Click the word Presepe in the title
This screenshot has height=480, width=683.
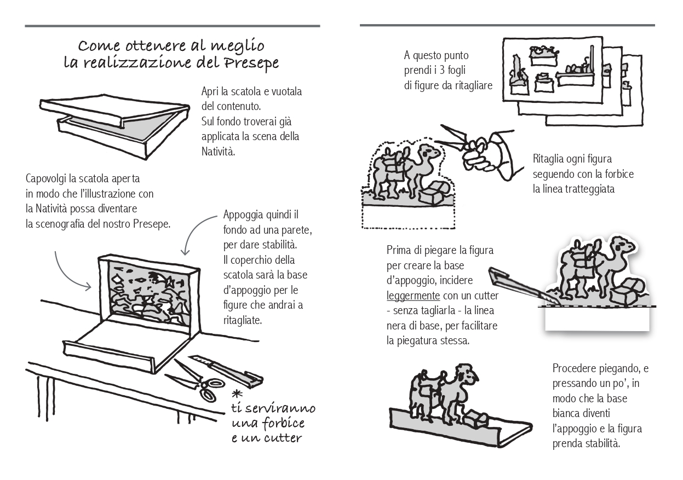pyautogui.click(x=251, y=63)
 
